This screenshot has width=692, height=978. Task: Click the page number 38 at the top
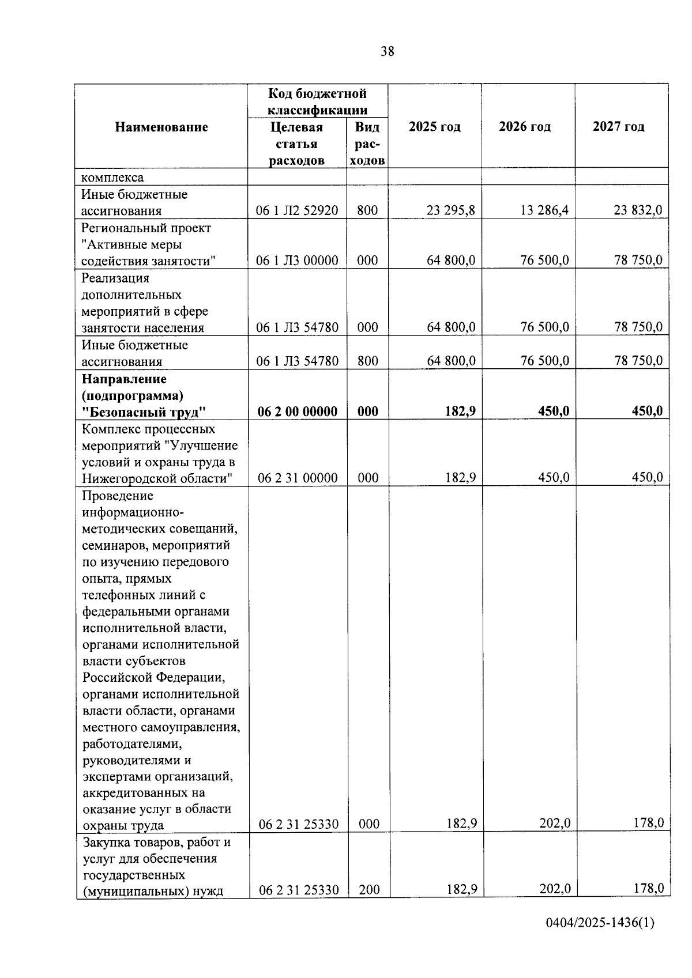(388, 52)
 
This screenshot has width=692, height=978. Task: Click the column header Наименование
(161, 127)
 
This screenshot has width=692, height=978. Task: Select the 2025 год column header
(435, 127)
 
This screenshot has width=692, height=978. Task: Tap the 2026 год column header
(525, 127)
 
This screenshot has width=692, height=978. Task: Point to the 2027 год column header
(619, 127)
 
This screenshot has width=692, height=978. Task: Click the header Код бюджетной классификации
(317, 101)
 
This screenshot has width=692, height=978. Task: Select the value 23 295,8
(451, 210)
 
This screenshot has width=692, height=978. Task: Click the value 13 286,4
(544, 210)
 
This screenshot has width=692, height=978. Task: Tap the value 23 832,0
(638, 210)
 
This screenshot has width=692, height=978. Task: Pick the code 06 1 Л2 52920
(297, 211)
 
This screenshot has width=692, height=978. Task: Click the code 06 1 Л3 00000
(297, 260)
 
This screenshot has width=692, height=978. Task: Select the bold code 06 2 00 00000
(298, 411)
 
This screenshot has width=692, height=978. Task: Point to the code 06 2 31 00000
(298, 478)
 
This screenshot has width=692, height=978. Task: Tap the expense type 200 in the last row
(369, 890)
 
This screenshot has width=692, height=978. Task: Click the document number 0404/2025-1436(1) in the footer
(600, 923)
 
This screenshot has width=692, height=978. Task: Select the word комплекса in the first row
(112, 178)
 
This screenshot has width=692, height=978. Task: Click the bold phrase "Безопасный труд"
(144, 412)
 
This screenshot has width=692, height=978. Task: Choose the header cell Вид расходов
(367, 144)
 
